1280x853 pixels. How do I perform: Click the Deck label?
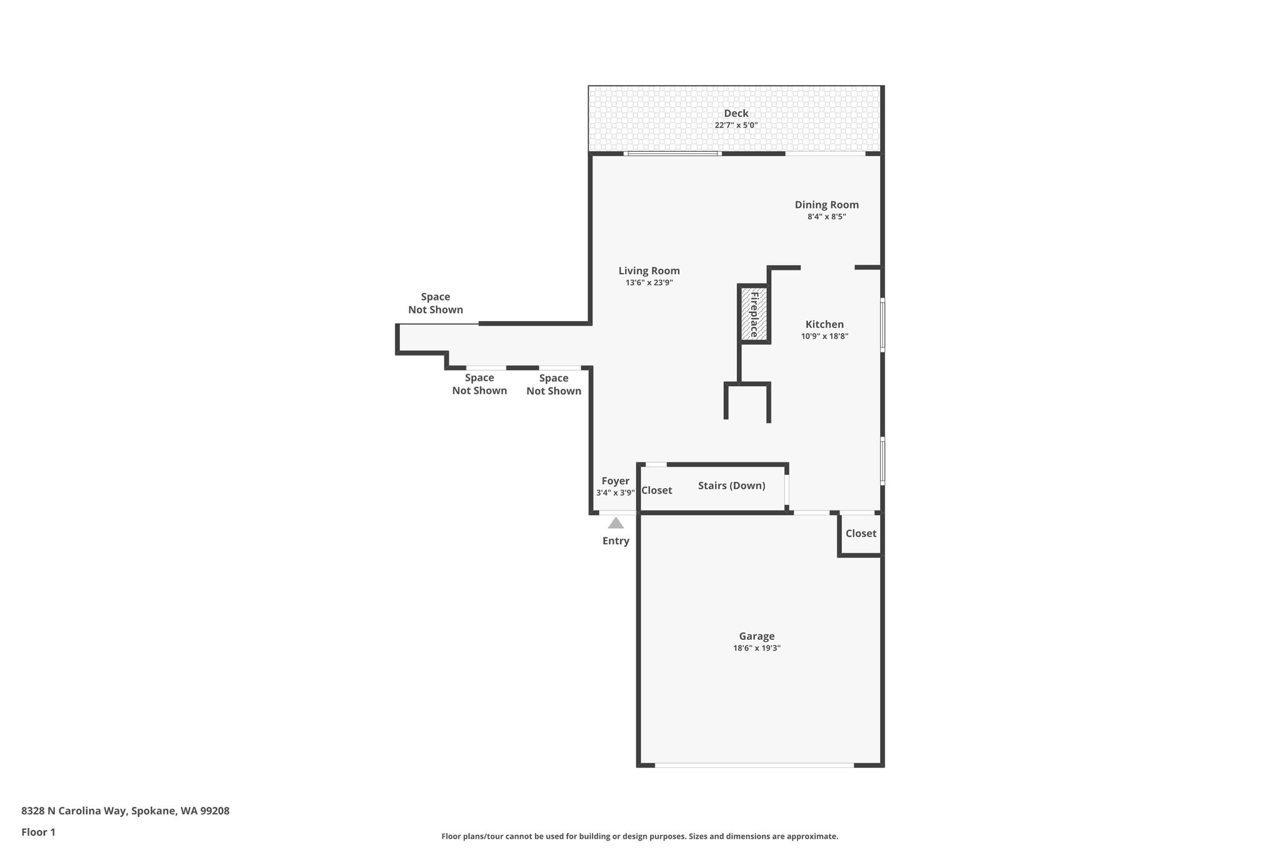[736, 113]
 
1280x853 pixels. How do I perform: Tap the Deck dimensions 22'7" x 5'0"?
[736, 125]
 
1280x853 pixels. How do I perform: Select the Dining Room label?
[826, 205]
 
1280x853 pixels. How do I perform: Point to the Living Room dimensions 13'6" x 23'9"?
[649, 282]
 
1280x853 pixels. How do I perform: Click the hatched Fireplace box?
[754, 314]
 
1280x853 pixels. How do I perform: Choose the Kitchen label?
[824, 324]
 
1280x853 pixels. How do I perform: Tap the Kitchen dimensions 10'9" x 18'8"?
[824, 336]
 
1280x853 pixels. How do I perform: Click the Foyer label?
[615, 481]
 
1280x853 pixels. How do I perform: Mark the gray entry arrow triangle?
[616, 523]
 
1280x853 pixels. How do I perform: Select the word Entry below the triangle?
[616, 541]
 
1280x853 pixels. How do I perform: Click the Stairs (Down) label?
[731, 486]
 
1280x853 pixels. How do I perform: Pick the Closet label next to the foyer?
[656, 491]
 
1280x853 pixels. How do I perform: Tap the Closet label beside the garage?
[861, 534]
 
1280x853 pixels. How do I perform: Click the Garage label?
[756, 637]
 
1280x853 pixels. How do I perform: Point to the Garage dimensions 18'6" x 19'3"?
[756, 649]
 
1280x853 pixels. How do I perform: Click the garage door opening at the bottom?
[754, 765]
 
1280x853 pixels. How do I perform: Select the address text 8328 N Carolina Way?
[74, 811]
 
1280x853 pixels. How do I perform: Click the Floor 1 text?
[38, 832]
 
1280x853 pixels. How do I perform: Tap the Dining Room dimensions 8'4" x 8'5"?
[826, 217]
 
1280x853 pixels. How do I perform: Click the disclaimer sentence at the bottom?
[639, 837]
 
